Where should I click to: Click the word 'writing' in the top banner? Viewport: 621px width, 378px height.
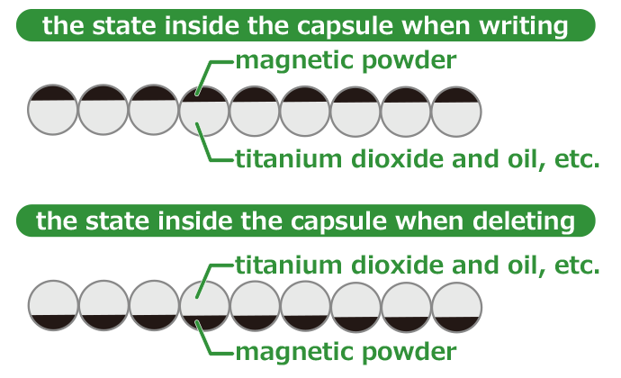point(524,25)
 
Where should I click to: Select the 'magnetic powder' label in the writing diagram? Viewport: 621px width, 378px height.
point(346,62)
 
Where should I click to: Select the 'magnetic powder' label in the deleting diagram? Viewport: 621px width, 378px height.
point(346,350)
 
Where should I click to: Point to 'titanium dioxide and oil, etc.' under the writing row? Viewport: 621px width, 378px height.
point(418,160)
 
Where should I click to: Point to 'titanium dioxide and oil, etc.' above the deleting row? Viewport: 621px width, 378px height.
point(418,265)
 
